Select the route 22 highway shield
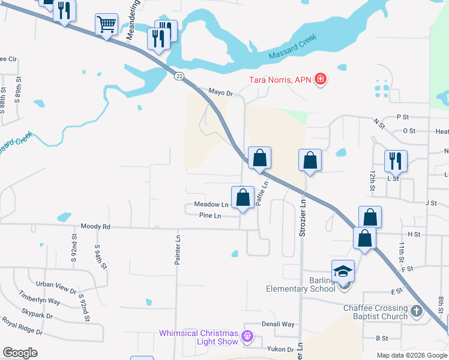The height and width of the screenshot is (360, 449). [x=179, y=76]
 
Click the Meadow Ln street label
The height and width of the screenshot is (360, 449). [x=211, y=205]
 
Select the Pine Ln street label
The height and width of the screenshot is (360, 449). [x=210, y=216]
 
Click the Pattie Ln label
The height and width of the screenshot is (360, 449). [x=261, y=194]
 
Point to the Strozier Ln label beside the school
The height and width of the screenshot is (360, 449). [x=303, y=220]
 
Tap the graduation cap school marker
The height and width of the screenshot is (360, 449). [x=343, y=271]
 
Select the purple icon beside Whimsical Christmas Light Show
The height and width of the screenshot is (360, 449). [x=246, y=337]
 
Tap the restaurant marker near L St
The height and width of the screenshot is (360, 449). [x=396, y=160]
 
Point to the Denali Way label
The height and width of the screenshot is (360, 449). [x=278, y=324]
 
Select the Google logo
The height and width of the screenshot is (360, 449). [x=20, y=353]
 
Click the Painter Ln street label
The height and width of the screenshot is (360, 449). [x=178, y=250]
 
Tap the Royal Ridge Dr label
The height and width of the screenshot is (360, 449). [x=22, y=327]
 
